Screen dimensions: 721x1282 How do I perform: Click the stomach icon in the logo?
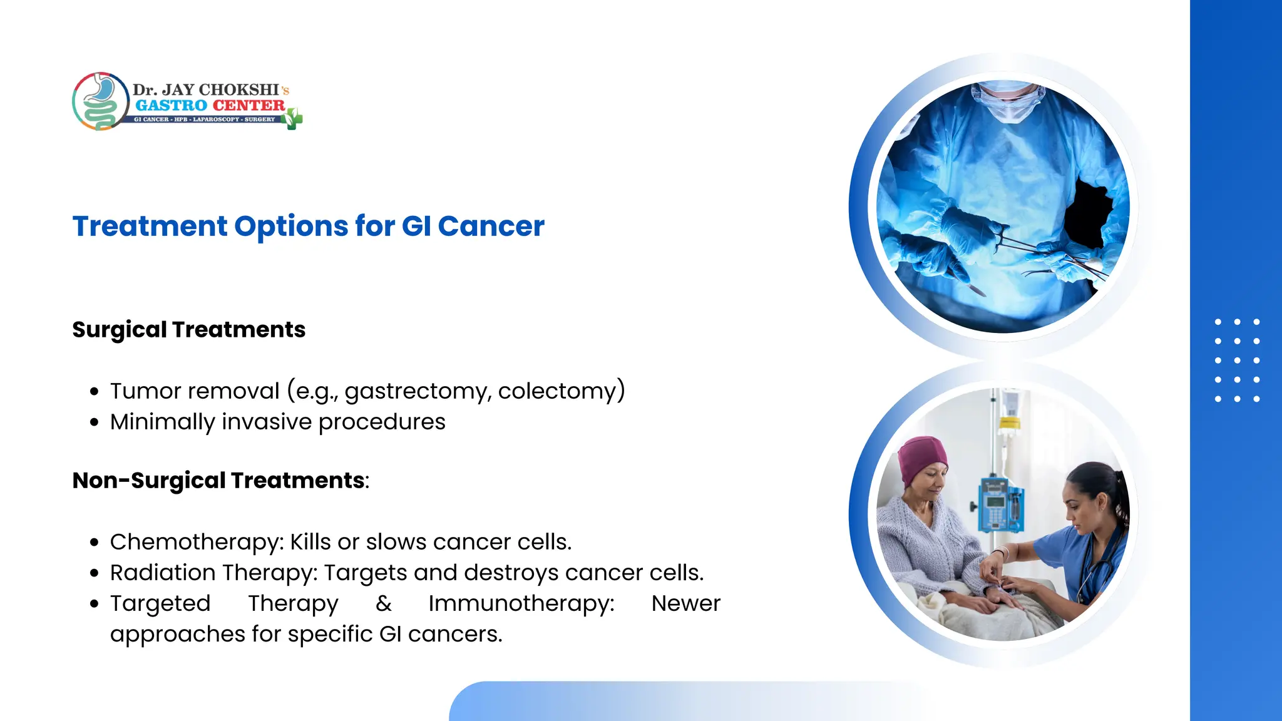[100, 101]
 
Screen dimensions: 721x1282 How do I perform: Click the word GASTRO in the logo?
[171, 106]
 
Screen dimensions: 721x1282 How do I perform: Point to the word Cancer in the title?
[491, 226]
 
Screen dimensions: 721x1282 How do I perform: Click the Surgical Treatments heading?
[188, 330]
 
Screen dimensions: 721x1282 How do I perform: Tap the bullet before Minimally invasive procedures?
[95, 422]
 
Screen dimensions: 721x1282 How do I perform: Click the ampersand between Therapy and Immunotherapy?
[384, 603]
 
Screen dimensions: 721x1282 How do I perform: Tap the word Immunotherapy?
[521, 603]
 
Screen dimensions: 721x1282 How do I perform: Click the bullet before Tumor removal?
[95, 392]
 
